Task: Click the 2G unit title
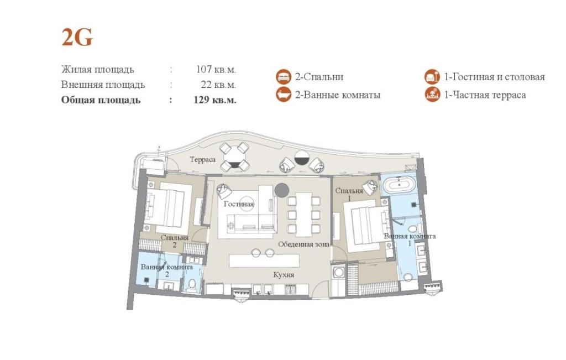click(x=77, y=37)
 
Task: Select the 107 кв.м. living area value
click(x=216, y=69)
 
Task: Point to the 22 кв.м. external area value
click(x=218, y=85)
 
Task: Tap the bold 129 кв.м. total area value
click(x=215, y=100)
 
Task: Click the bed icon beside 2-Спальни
click(x=284, y=77)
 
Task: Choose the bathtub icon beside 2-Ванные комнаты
click(x=284, y=95)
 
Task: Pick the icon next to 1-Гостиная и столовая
click(x=432, y=77)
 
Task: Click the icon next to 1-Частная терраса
click(x=432, y=95)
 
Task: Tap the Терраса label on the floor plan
click(x=203, y=159)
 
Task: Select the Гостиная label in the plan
click(x=239, y=204)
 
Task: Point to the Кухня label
click(x=284, y=275)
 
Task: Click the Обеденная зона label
click(x=303, y=244)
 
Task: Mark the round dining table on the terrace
click(x=235, y=157)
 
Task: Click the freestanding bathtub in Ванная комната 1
click(x=399, y=186)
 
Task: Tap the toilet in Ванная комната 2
click(x=192, y=285)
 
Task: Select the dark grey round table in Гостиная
click(x=281, y=190)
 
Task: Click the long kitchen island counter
click(x=264, y=260)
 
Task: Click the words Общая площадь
click(x=101, y=100)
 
